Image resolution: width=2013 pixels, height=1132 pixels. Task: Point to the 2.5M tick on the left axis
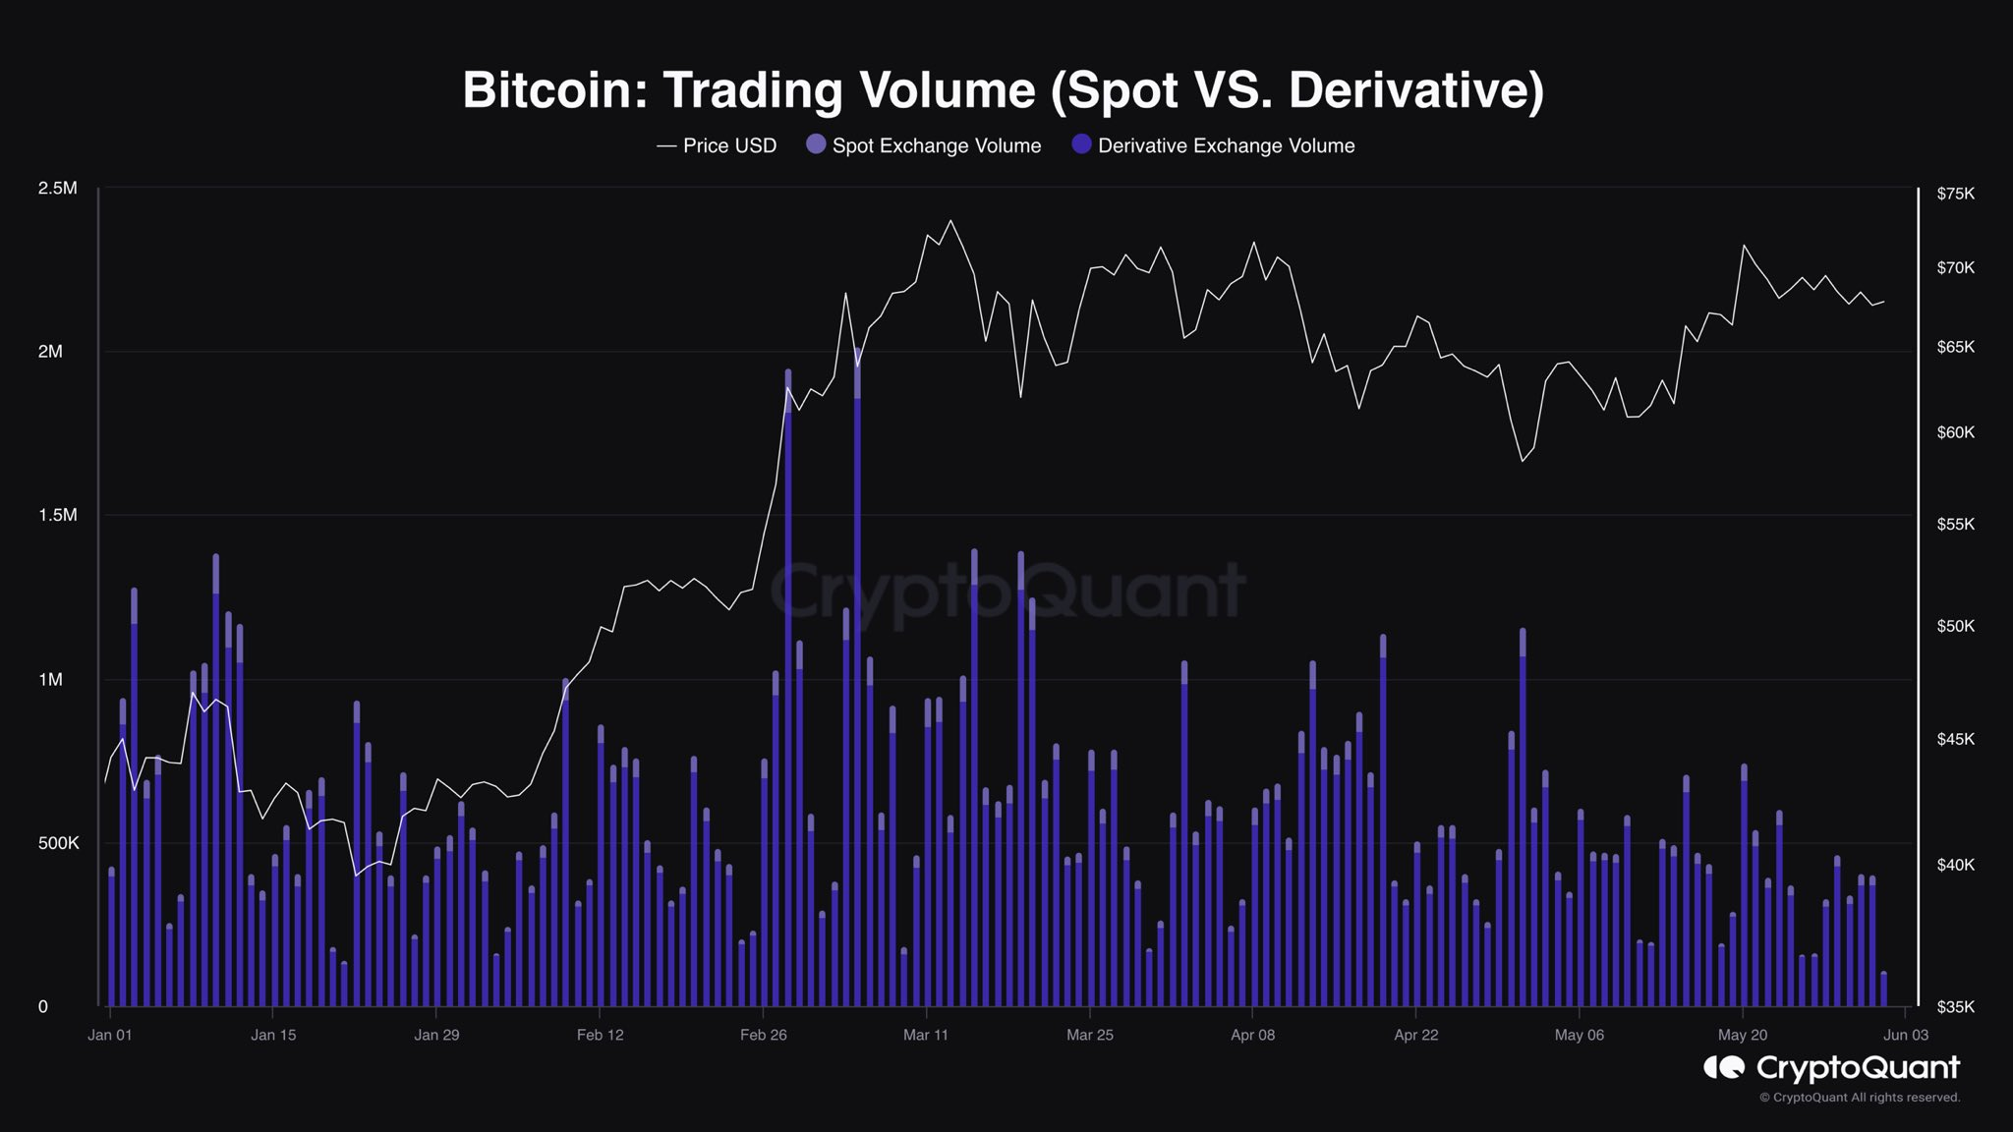tap(57, 188)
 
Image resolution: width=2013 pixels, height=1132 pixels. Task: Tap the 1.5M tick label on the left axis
tap(57, 515)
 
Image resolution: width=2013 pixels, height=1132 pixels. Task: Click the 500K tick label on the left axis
tap(59, 843)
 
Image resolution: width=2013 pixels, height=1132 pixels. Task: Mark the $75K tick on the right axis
tap(1955, 194)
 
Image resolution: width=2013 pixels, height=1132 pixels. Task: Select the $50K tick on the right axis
tap(1955, 626)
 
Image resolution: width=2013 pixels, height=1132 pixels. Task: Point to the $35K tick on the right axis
tap(1955, 1006)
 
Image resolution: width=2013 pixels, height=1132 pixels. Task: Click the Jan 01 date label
tap(110, 1035)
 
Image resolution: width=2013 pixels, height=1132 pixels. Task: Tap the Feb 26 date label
tap(764, 1035)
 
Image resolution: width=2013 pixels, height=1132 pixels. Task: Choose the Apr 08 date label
tap(1252, 1035)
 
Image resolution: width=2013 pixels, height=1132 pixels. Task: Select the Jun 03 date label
tap(1906, 1035)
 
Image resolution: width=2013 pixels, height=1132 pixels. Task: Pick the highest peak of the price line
tap(950, 220)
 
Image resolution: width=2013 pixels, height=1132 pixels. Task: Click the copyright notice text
tap(1860, 1098)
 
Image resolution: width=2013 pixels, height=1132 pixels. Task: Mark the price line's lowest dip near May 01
tap(1523, 461)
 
